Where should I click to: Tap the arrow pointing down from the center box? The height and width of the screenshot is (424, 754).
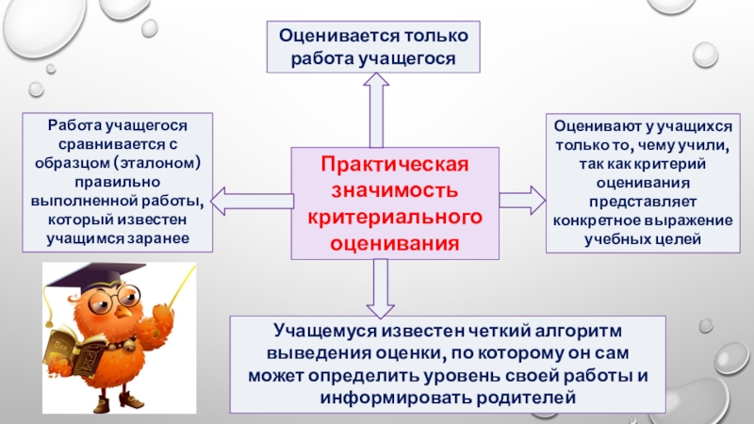point(380,287)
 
